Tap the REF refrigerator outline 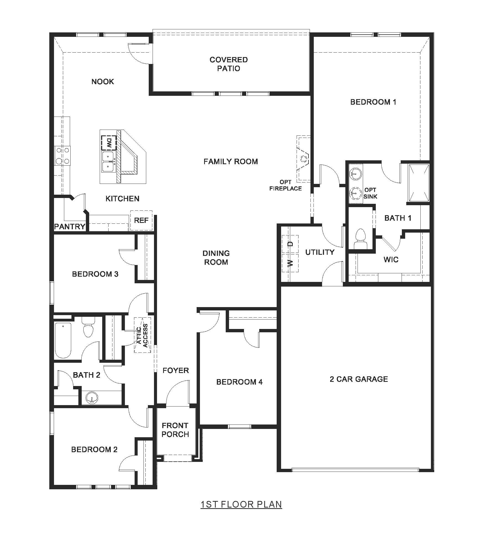(x=141, y=220)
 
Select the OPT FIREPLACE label (x=286, y=185)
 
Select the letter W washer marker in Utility (x=290, y=263)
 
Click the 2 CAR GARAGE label (x=359, y=379)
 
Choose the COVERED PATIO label (x=228, y=64)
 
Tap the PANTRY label (x=70, y=227)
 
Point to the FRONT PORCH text (x=175, y=430)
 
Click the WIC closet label (x=391, y=259)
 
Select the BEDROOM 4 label (x=239, y=382)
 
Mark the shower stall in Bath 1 (x=419, y=183)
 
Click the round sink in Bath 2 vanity (x=92, y=398)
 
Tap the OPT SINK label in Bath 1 (x=370, y=193)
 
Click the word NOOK (x=103, y=81)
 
